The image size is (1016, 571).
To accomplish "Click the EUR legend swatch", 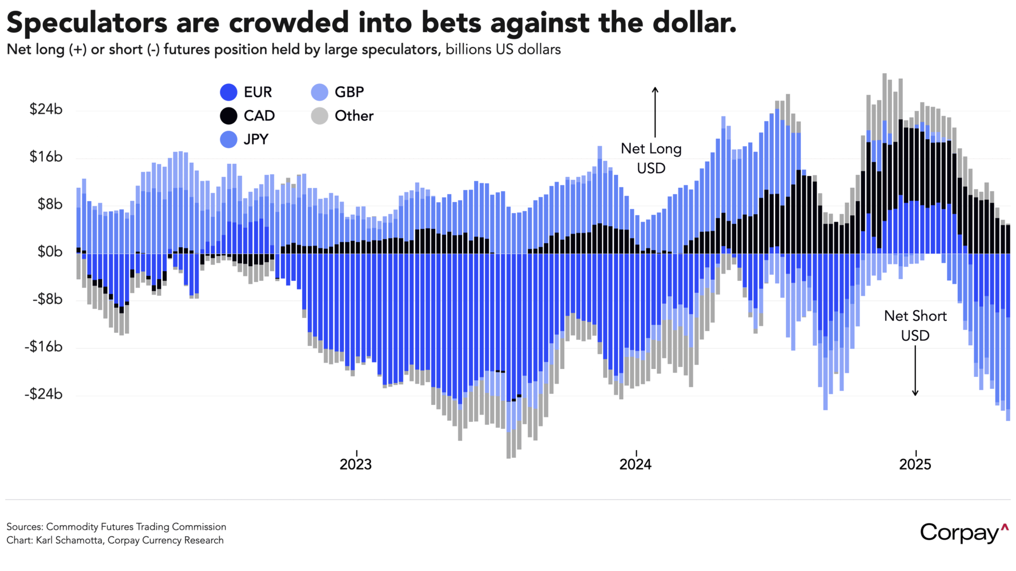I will tap(228, 93).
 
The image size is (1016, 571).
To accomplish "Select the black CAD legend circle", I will tap(228, 116).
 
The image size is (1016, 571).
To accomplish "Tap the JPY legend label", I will tap(255, 139).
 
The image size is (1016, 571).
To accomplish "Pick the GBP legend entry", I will tap(349, 92).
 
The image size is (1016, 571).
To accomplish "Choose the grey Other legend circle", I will tap(320, 116).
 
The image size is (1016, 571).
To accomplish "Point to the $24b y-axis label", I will tap(46, 109).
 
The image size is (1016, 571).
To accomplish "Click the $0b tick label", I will tap(50, 252).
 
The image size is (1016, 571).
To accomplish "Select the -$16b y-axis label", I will tap(43, 347).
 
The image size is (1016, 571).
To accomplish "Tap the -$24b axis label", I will tap(43, 394).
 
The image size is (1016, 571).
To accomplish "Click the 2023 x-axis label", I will tap(355, 464).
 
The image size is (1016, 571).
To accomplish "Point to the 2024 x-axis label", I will tap(635, 464).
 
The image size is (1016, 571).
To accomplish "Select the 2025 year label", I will tap(915, 464).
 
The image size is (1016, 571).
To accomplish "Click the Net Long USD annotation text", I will tap(651, 158).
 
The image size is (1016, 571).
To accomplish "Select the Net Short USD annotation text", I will tap(915, 325).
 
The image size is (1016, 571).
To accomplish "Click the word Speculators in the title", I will tap(87, 23).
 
